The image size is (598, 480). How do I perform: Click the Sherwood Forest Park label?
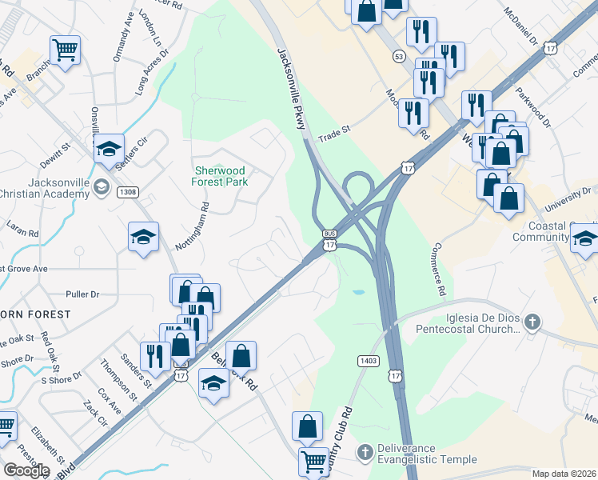[220, 176]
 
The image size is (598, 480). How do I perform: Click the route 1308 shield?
[128, 192]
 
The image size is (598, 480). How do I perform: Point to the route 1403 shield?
[368, 362]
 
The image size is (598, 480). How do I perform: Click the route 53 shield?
[398, 56]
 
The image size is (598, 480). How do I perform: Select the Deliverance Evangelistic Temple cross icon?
[365, 454]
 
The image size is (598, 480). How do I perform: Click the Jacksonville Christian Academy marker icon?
[101, 188]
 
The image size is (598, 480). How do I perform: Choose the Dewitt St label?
[57, 147]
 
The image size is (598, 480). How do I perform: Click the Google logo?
[26, 470]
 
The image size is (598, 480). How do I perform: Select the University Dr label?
[567, 198]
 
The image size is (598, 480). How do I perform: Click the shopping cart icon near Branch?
[65, 50]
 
